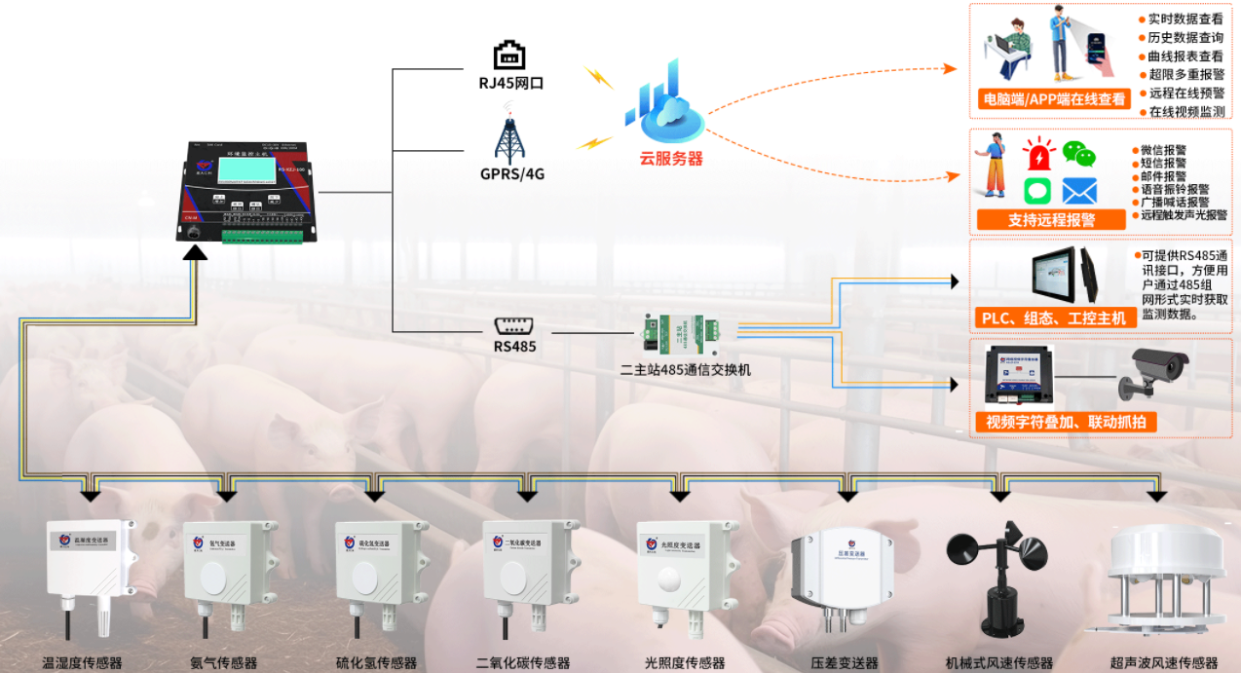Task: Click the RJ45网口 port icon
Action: pos(510,56)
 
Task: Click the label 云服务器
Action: pos(670,159)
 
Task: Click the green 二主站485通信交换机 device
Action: pos(679,333)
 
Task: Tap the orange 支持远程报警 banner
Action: pos(1051,219)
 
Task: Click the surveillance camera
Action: pos(1156,372)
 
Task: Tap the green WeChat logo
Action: pos(1078,153)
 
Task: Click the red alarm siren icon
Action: pos(1038,154)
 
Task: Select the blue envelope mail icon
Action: pos(1079,191)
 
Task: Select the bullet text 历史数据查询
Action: pos(1185,38)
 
